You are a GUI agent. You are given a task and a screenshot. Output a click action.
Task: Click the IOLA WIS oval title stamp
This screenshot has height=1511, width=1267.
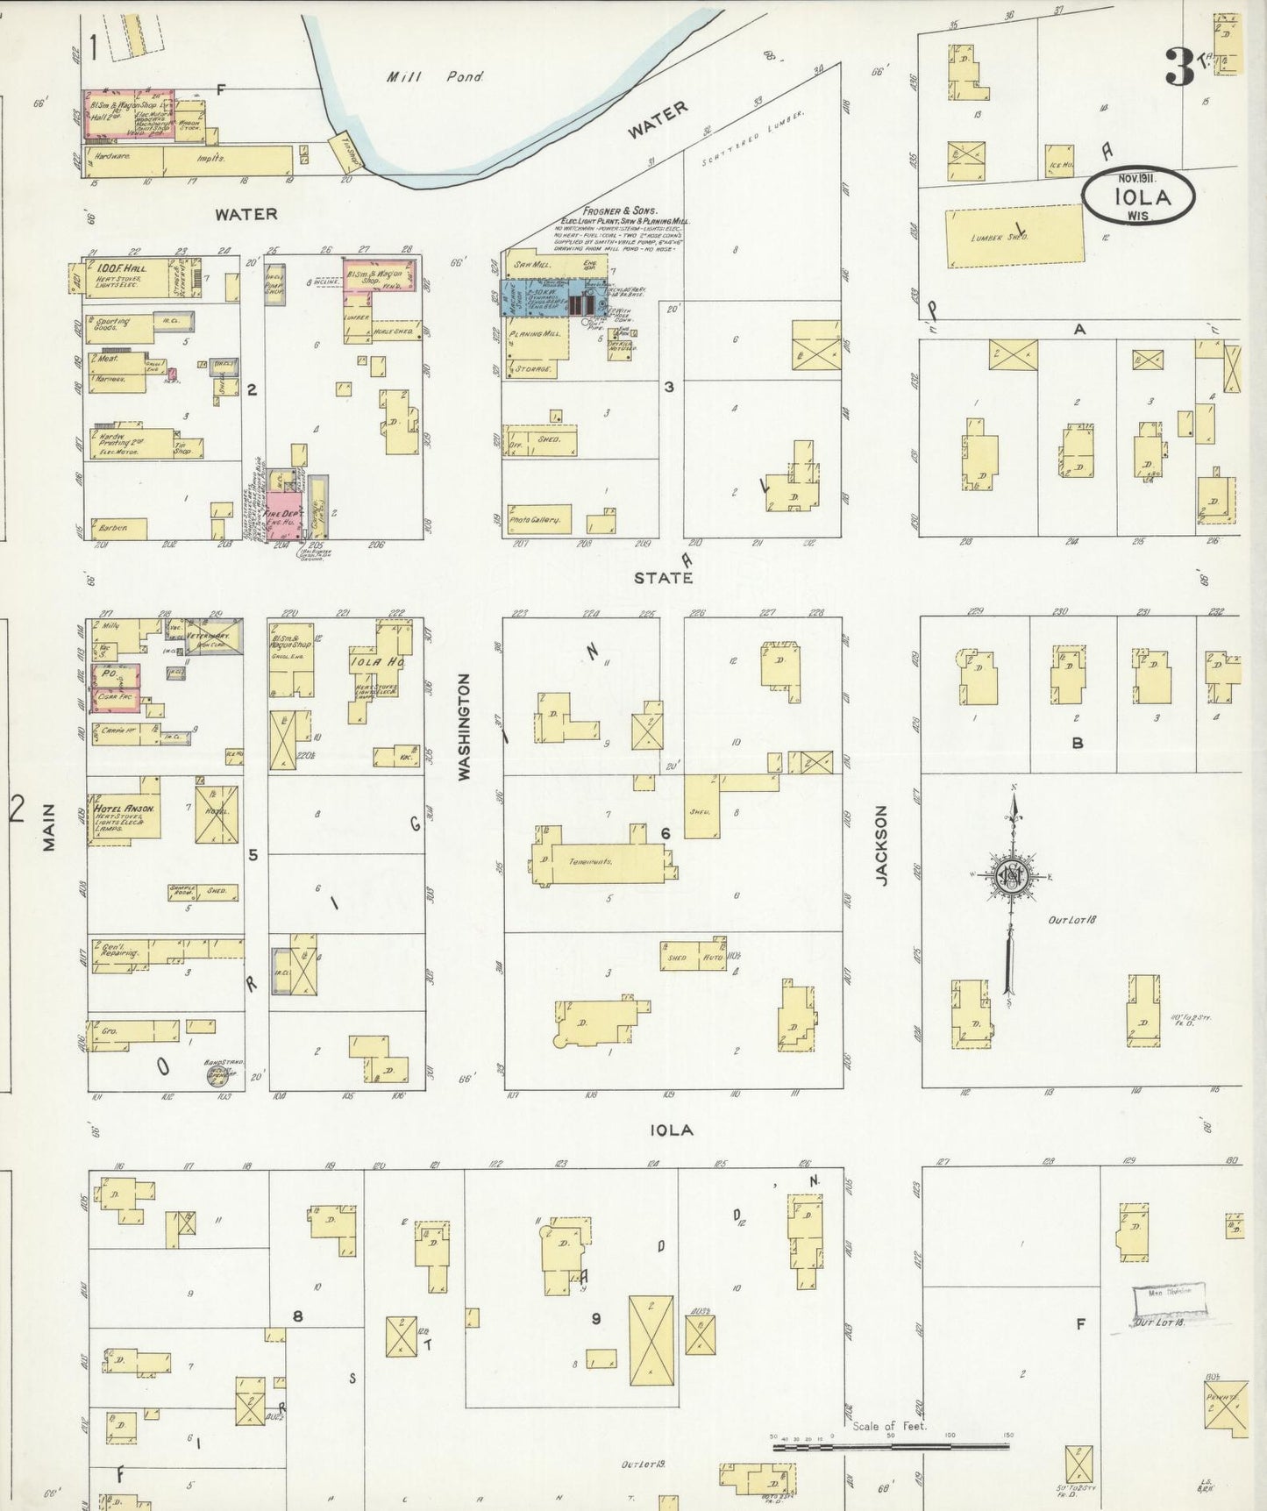click(x=1137, y=196)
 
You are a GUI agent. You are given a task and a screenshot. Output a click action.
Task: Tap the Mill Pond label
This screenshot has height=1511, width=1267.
click(x=435, y=77)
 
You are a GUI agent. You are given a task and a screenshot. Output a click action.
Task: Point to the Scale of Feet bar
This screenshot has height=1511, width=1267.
click(x=890, y=1446)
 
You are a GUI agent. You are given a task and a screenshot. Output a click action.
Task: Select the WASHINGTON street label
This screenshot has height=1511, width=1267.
click(x=465, y=727)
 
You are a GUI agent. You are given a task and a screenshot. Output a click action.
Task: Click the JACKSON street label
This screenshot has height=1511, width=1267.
click(x=882, y=845)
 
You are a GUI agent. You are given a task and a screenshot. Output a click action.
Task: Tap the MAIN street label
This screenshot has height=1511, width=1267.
click(x=49, y=827)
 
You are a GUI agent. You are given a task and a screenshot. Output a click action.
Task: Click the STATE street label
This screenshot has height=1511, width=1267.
click(x=663, y=577)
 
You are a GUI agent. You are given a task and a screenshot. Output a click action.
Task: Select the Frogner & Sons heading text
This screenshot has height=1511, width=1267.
click(x=623, y=211)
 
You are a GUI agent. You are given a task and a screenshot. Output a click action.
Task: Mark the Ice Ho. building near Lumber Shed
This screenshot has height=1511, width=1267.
click(x=1060, y=162)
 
